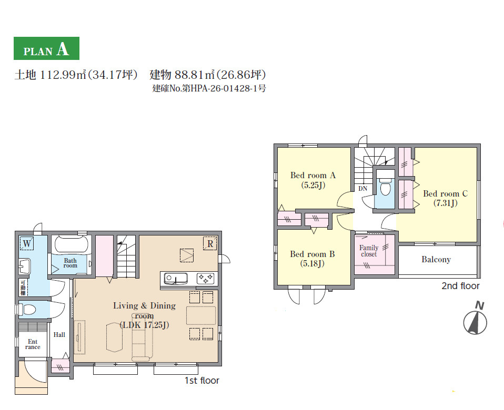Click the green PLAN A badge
[46, 48]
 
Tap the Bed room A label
[313, 176]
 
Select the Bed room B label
[312, 254]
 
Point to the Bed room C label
[445, 193]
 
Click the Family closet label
[369, 251]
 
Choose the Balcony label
[436, 260]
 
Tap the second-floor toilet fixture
[385, 186]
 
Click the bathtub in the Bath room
[71, 244]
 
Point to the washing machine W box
[27, 243]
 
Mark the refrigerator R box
[210, 244]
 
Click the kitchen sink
[176, 279]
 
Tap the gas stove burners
[205, 279]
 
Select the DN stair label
[363, 189]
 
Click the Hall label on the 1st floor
[59, 334]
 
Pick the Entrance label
[33, 344]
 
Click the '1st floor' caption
[202, 381]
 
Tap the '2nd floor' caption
[460, 286]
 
